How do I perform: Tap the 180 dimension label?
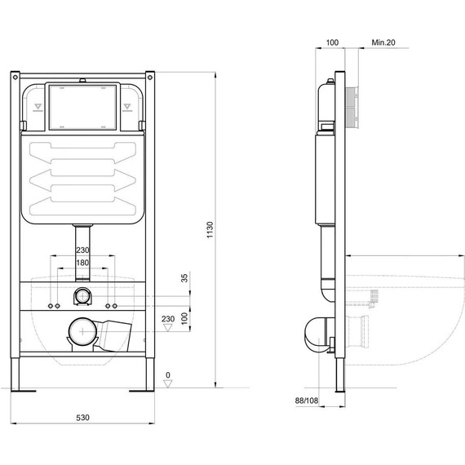82,263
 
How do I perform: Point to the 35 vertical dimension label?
184,278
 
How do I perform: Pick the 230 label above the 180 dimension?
82,250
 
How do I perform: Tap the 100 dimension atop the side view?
332,41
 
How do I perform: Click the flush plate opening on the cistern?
83,107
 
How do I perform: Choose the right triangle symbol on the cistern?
127,106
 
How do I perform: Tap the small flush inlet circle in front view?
82,296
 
